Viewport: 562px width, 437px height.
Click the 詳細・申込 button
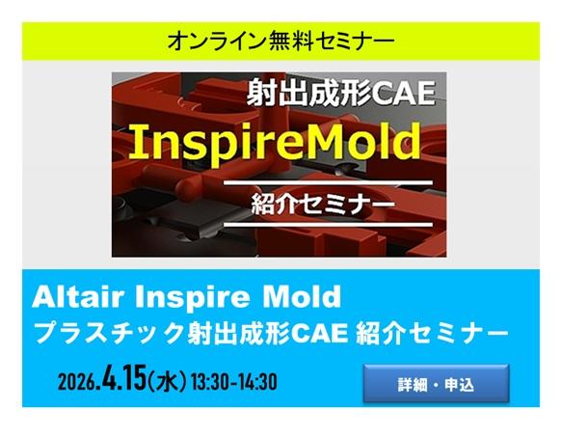(437, 383)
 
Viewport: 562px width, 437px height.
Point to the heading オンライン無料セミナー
(281, 41)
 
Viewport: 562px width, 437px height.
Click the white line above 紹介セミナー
(328, 182)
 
